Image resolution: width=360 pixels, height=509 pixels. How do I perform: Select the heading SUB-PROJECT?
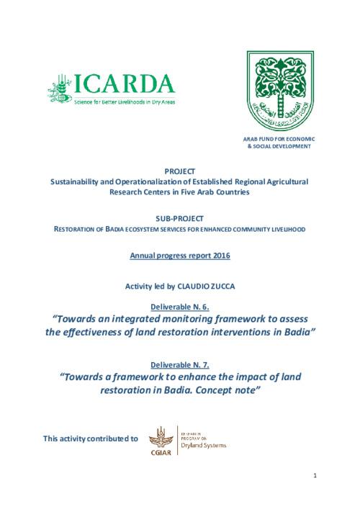click(180, 217)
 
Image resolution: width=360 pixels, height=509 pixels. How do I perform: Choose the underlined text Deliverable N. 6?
click(180, 305)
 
